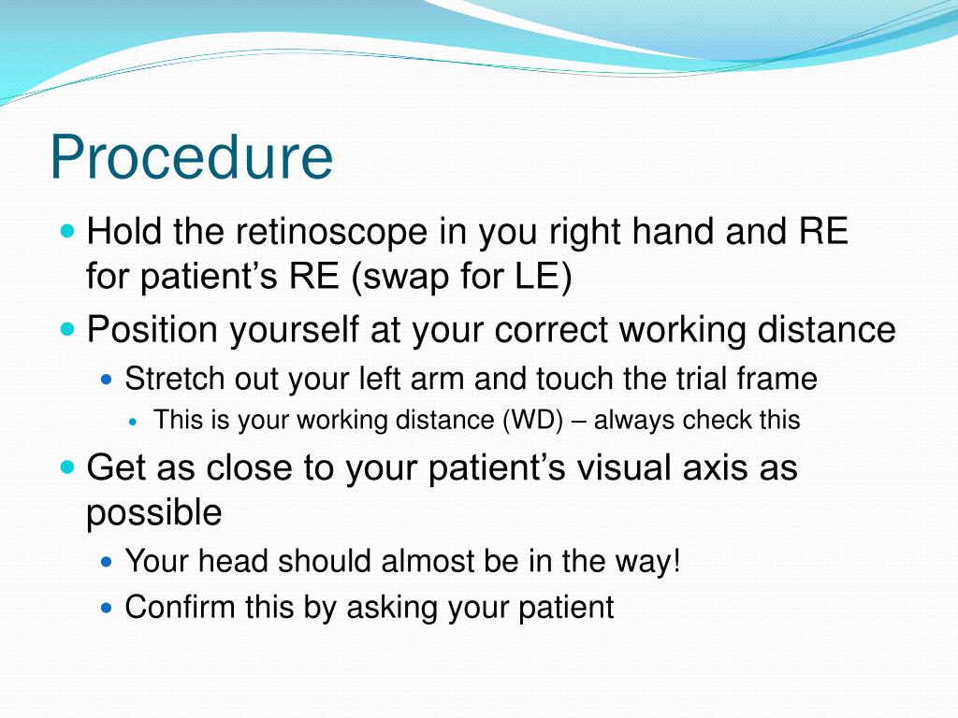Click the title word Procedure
coord(191,157)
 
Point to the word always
coord(634,421)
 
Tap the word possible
coord(153,512)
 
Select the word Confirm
coord(181,607)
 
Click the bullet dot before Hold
coord(66,230)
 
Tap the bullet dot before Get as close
coord(66,466)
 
